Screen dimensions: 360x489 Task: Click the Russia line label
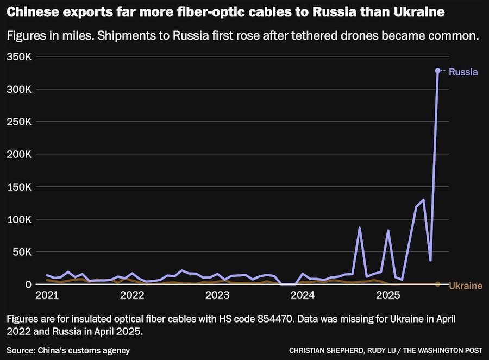pos(463,72)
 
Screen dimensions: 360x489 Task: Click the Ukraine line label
pos(466,286)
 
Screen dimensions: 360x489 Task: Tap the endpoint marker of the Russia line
pos(437,71)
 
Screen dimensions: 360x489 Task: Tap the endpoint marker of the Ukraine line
pos(437,284)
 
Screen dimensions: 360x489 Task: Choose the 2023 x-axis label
pos(217,296)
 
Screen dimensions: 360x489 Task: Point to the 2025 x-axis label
pos(388,296)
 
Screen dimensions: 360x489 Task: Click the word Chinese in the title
pos(34,11)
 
